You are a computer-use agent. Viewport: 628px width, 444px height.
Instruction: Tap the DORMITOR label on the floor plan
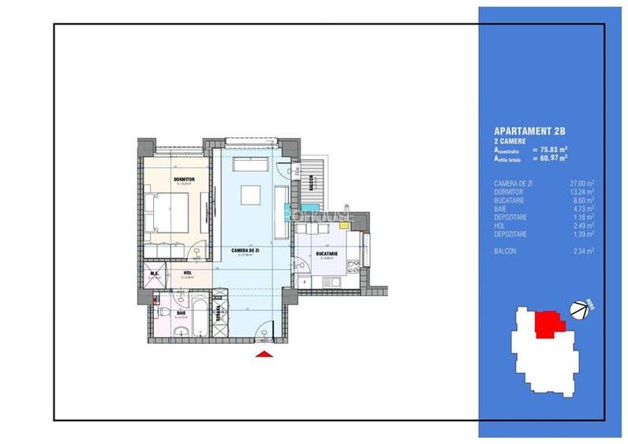[184, 179]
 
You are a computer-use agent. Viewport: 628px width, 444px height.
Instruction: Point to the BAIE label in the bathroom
[182, 312]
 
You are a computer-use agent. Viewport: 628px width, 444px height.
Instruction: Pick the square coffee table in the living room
[252, 195]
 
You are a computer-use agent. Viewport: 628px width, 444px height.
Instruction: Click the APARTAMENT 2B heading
[530, 130]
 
